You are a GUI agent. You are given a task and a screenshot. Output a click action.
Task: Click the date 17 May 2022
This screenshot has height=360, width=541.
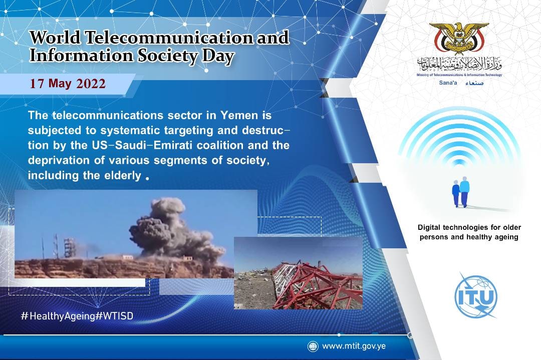click(x=68, y=84)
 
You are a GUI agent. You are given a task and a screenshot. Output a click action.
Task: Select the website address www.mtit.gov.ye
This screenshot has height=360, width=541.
click(x=354, y=346)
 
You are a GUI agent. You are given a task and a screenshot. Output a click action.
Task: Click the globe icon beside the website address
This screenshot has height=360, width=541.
click(x=313, y=346)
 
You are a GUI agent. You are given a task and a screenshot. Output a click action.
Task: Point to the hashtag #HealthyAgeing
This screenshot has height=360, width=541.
click(x=58, y=316)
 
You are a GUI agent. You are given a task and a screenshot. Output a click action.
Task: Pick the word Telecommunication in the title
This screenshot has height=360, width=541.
click(x=169, y=38)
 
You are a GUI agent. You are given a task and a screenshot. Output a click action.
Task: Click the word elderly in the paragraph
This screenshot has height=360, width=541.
click(x=122, y=175)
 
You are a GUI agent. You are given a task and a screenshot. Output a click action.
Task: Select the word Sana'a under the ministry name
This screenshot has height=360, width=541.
click(x=448, y=83)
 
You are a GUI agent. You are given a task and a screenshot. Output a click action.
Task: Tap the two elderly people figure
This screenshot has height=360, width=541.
click(x=461, y=192)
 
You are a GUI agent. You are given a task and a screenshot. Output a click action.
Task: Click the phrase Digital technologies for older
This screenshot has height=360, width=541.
click(x=469, y=227)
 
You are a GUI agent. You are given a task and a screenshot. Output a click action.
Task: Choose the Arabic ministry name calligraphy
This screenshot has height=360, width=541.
click(x=459, y=64)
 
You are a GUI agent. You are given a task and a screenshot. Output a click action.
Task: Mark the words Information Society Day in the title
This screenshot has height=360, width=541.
click(x=132, y=56)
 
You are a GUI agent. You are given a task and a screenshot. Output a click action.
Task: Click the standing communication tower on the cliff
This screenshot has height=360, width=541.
click(x=69, y=247)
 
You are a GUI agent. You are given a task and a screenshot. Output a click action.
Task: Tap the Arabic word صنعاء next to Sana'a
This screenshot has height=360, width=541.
click(x=474, y=83)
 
